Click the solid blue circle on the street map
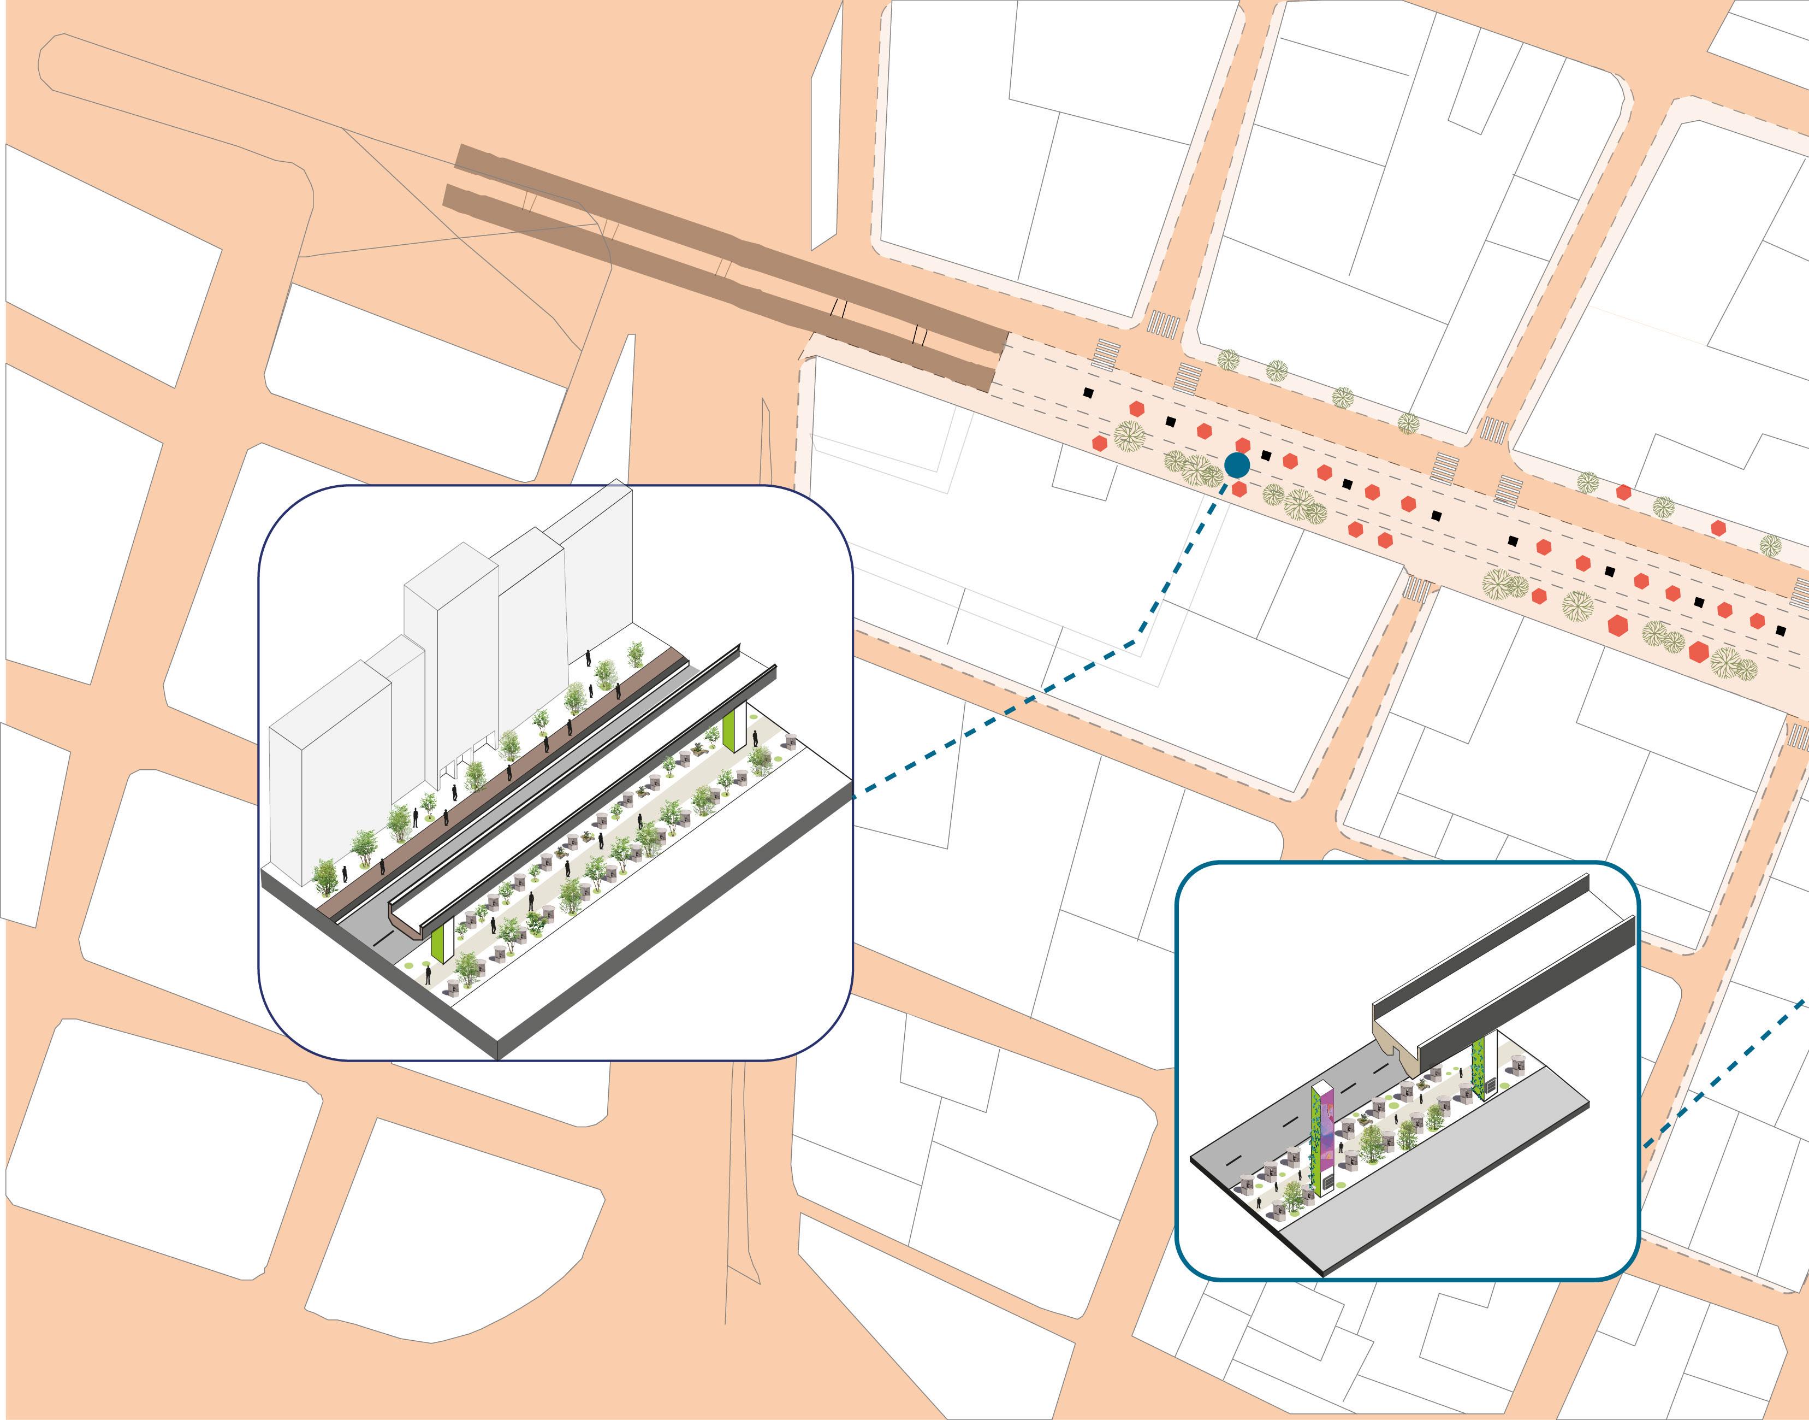click(x=1236, y=465)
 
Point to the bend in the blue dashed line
click(x=1132, y=642)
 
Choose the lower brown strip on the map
click(x=715, y=287)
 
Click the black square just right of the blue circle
click(x=1266, y=456)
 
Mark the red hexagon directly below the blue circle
click(x=1239, y=490)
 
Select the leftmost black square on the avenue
click(x=1088, y=392)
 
